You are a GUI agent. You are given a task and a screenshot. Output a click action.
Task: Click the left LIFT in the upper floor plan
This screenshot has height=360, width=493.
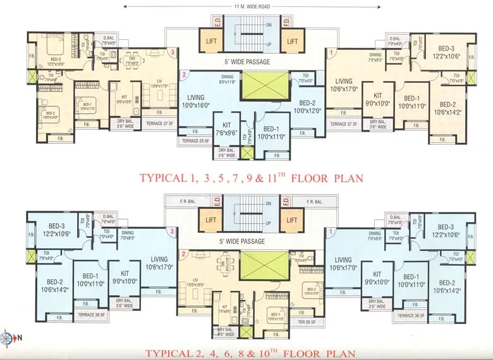[210, 40]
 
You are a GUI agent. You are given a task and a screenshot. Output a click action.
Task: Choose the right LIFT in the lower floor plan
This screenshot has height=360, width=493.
[291, 220]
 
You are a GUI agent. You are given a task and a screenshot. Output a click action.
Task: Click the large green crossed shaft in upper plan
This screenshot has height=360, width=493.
[264, 84]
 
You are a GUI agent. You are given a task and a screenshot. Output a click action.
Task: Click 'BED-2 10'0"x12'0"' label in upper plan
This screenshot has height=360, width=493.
[308, 107]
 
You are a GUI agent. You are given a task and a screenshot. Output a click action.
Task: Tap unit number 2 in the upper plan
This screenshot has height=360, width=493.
[183, 75]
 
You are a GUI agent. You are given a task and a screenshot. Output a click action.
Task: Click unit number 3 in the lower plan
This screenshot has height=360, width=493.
[172, 232]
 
